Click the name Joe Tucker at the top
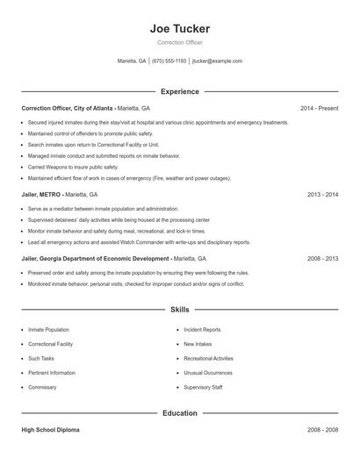(180, 28)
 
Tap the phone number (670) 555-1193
(169, 61)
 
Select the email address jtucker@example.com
(217, 61)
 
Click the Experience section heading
(180, 91)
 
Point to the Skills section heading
(180, 310)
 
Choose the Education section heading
(180, 412)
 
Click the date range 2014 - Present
(319, 108)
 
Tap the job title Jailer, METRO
(43, 194)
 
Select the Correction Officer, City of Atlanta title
(68, 108)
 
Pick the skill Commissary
(42, 387)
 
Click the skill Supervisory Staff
(203, 387)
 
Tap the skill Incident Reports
(202, 330)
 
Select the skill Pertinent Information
(52, 373)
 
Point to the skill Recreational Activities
(208, 359)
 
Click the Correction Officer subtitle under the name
(180, 42)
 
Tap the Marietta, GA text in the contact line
(133, 61)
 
